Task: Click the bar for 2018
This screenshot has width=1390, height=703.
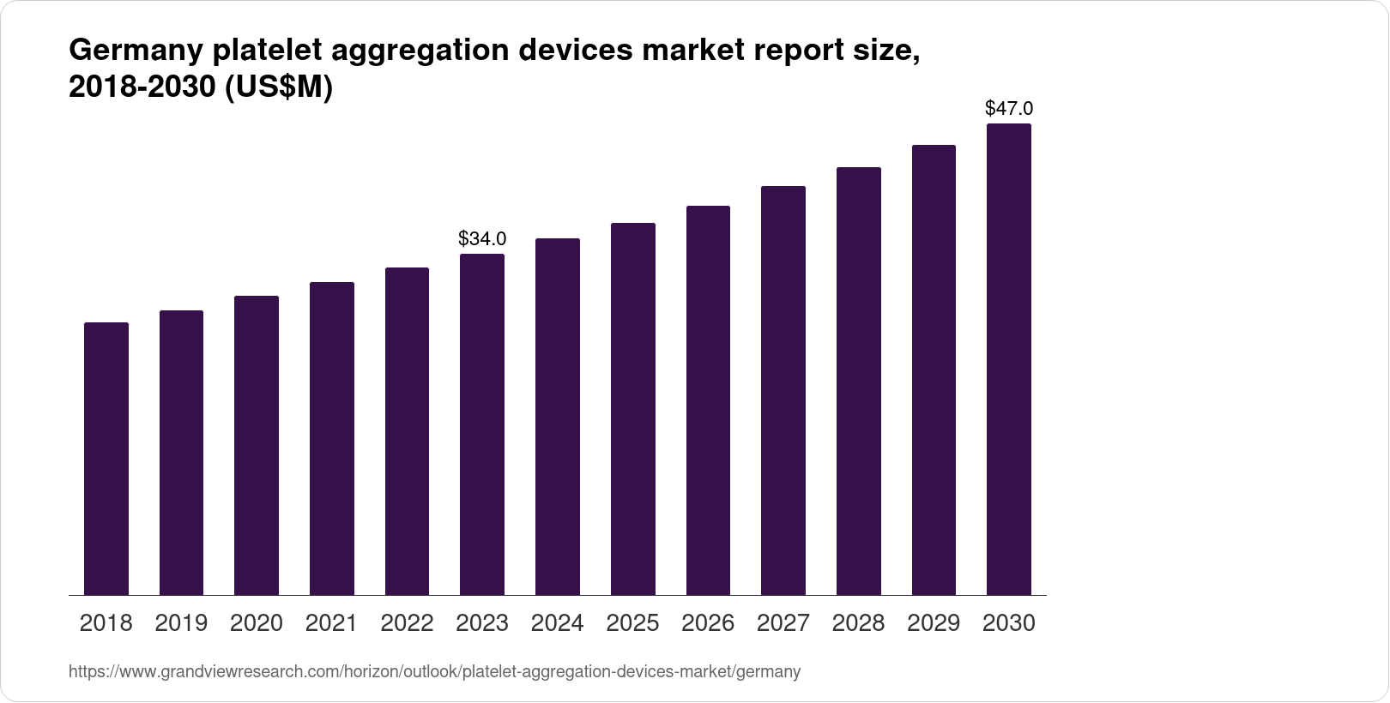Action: coord(106,459)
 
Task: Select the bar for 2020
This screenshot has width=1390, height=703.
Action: coord(257,446)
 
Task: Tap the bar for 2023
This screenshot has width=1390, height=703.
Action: coord(482,424)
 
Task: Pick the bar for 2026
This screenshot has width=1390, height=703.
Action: coord(708,400)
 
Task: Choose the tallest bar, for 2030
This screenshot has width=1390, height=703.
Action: coord(1009,360)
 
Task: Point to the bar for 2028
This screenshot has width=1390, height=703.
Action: coord(858,382)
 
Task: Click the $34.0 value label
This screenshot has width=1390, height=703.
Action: coord(482,237)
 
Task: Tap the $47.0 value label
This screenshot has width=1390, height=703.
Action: coord(1009,108)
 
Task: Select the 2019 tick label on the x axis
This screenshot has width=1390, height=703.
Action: coord(181,623)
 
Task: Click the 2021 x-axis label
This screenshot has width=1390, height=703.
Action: coord(332,623)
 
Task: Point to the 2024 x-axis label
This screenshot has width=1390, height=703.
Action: coord(558,623)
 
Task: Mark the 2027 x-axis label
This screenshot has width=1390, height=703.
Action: coord(783,623)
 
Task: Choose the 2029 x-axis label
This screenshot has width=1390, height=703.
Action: coord(934,623)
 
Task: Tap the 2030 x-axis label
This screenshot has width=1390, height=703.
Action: coord(1009,623)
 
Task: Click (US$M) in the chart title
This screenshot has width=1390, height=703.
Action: coord(278,88)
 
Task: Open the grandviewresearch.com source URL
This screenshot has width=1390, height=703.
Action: coord(434,672)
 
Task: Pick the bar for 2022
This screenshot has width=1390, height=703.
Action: coord(407,431)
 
